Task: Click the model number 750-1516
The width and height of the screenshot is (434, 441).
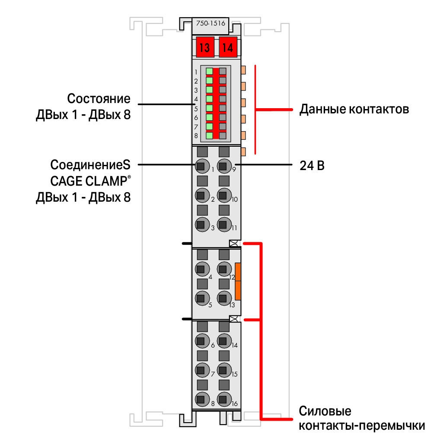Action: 211,23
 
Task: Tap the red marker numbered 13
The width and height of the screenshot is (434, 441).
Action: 205,47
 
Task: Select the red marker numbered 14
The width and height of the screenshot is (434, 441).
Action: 228,47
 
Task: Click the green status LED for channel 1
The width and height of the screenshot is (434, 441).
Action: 209,71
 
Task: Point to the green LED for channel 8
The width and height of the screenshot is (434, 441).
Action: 209,135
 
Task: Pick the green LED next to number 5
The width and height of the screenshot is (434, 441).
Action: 209,108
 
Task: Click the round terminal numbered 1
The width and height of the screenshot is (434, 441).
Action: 202,166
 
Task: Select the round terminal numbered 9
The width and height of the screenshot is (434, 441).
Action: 224,166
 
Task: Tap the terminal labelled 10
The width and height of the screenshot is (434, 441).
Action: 224,195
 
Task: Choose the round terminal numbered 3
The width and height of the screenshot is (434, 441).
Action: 202,225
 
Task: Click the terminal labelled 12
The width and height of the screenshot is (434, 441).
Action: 224,269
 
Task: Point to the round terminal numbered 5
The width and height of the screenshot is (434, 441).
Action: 202,298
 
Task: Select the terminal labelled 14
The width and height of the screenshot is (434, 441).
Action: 224,341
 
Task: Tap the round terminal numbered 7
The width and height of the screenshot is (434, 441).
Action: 202,370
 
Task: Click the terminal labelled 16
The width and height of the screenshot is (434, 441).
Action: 224,399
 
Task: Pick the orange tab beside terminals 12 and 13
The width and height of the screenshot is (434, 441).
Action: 238,281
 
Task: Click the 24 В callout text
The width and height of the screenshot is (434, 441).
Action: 312,166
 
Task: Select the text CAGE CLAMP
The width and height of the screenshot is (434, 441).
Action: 89,181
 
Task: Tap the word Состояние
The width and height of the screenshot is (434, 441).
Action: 99,99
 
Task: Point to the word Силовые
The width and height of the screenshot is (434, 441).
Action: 325,411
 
